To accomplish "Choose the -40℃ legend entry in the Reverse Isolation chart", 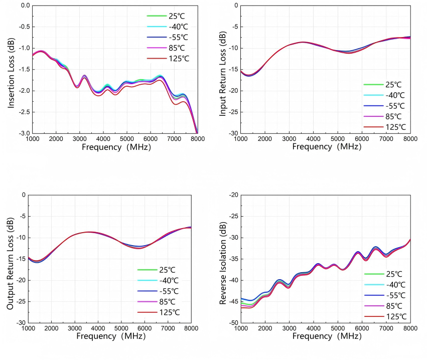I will point(396,285).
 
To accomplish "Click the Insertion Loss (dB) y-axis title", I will point(11,69).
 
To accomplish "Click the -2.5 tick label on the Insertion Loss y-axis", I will point(23,112).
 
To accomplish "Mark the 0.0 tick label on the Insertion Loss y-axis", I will point(24,6).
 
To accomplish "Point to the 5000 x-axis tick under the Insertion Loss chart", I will point(127,139).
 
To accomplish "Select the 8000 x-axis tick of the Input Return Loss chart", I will point(409,139).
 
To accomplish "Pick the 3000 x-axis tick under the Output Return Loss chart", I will point(75,328).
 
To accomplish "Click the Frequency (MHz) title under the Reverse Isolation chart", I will point(327,336).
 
